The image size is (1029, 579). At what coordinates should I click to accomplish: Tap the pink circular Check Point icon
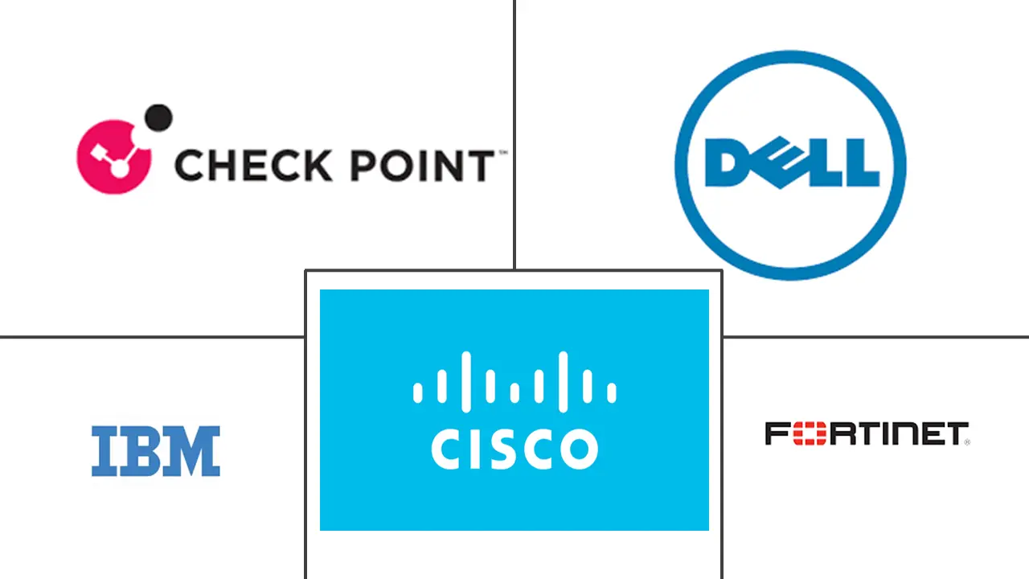(x=113, y=157)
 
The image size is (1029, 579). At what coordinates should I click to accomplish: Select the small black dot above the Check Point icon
(x=160, y=117)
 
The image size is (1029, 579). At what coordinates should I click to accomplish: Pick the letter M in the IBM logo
(x=191, y=451)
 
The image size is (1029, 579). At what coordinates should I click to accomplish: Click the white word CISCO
(x=514, y=450)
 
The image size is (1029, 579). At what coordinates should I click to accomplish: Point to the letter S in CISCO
(x=503, y=450)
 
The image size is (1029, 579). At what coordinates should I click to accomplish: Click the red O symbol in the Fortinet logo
(x=806, y=433)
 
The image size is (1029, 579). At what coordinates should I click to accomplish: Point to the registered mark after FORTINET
(x=967, y=441)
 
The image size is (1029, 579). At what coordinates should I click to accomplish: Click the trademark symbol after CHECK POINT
(x=502, y=152)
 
